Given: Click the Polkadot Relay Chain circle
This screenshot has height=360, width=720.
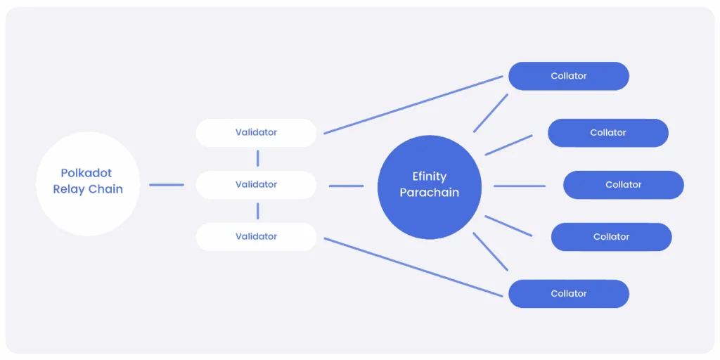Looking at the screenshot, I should click(x=88, y=184).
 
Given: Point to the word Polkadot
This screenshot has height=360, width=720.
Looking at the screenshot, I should click(x=86, y=173).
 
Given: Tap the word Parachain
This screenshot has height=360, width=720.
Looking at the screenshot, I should click(x=429, y=192).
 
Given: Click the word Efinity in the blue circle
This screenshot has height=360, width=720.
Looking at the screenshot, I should click(x=429, y=176).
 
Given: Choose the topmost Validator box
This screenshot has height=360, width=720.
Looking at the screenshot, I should click(x=256, y=132).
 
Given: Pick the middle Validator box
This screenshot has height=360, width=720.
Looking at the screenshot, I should click(x=256, y=184).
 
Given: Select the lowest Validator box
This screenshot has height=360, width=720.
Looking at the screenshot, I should click(x=256, y=237).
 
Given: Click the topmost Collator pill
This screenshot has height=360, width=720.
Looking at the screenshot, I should click(x=568, y=76).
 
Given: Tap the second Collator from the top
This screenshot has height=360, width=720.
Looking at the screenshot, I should click(x=607, y=133).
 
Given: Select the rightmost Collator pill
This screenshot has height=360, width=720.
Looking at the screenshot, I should click(x=623, y=185).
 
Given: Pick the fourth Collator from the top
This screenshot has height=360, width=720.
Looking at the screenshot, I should click(x=611, y=237).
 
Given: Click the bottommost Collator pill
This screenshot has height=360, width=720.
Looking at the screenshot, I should click(x=568, y=294).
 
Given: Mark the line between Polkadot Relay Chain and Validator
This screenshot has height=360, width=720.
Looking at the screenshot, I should click(x=167, y=185).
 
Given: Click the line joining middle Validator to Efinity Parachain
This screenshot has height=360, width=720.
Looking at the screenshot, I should click(x=346, y=186).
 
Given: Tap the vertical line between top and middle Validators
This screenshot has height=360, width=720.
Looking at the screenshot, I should click(x=258, y=158).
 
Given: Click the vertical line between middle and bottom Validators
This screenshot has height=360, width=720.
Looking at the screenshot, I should click(x=258, y=210).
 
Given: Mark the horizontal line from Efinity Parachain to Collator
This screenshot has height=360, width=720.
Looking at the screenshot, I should click(x=520, y=186).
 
